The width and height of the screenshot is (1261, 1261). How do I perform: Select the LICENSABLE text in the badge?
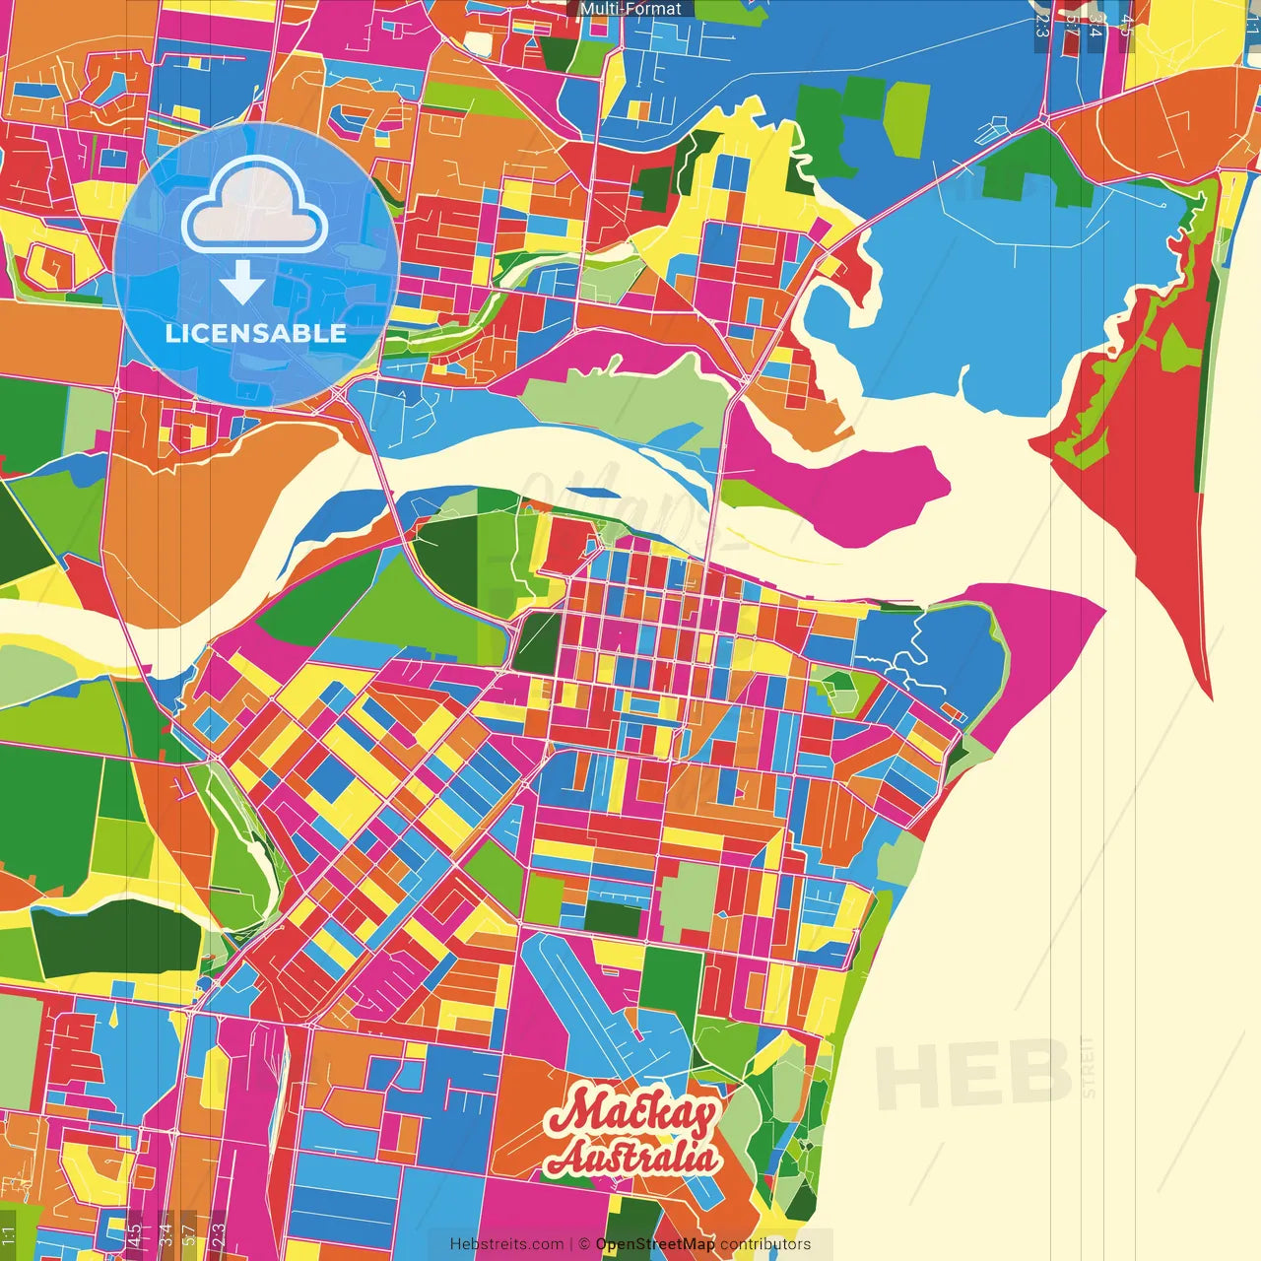tap(256, 333)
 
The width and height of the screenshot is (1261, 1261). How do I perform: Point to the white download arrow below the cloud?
tap(242, 285)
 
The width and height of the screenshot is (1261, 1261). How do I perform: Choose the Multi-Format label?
tap(630, 9)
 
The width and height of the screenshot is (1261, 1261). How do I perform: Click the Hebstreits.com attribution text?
tap(506, 1244)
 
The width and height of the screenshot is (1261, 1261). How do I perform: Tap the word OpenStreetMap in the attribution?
tap(655, 1244)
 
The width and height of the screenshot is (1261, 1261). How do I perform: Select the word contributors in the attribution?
tap(765, 1244)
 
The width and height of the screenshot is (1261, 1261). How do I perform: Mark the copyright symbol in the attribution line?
tap(583, 1244)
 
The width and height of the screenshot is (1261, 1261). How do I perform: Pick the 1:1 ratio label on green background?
tap(8, 1234)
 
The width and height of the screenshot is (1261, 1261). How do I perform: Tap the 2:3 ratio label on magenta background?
tap(219, 1234)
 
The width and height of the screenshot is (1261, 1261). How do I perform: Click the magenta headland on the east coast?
tap(1034, 640)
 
